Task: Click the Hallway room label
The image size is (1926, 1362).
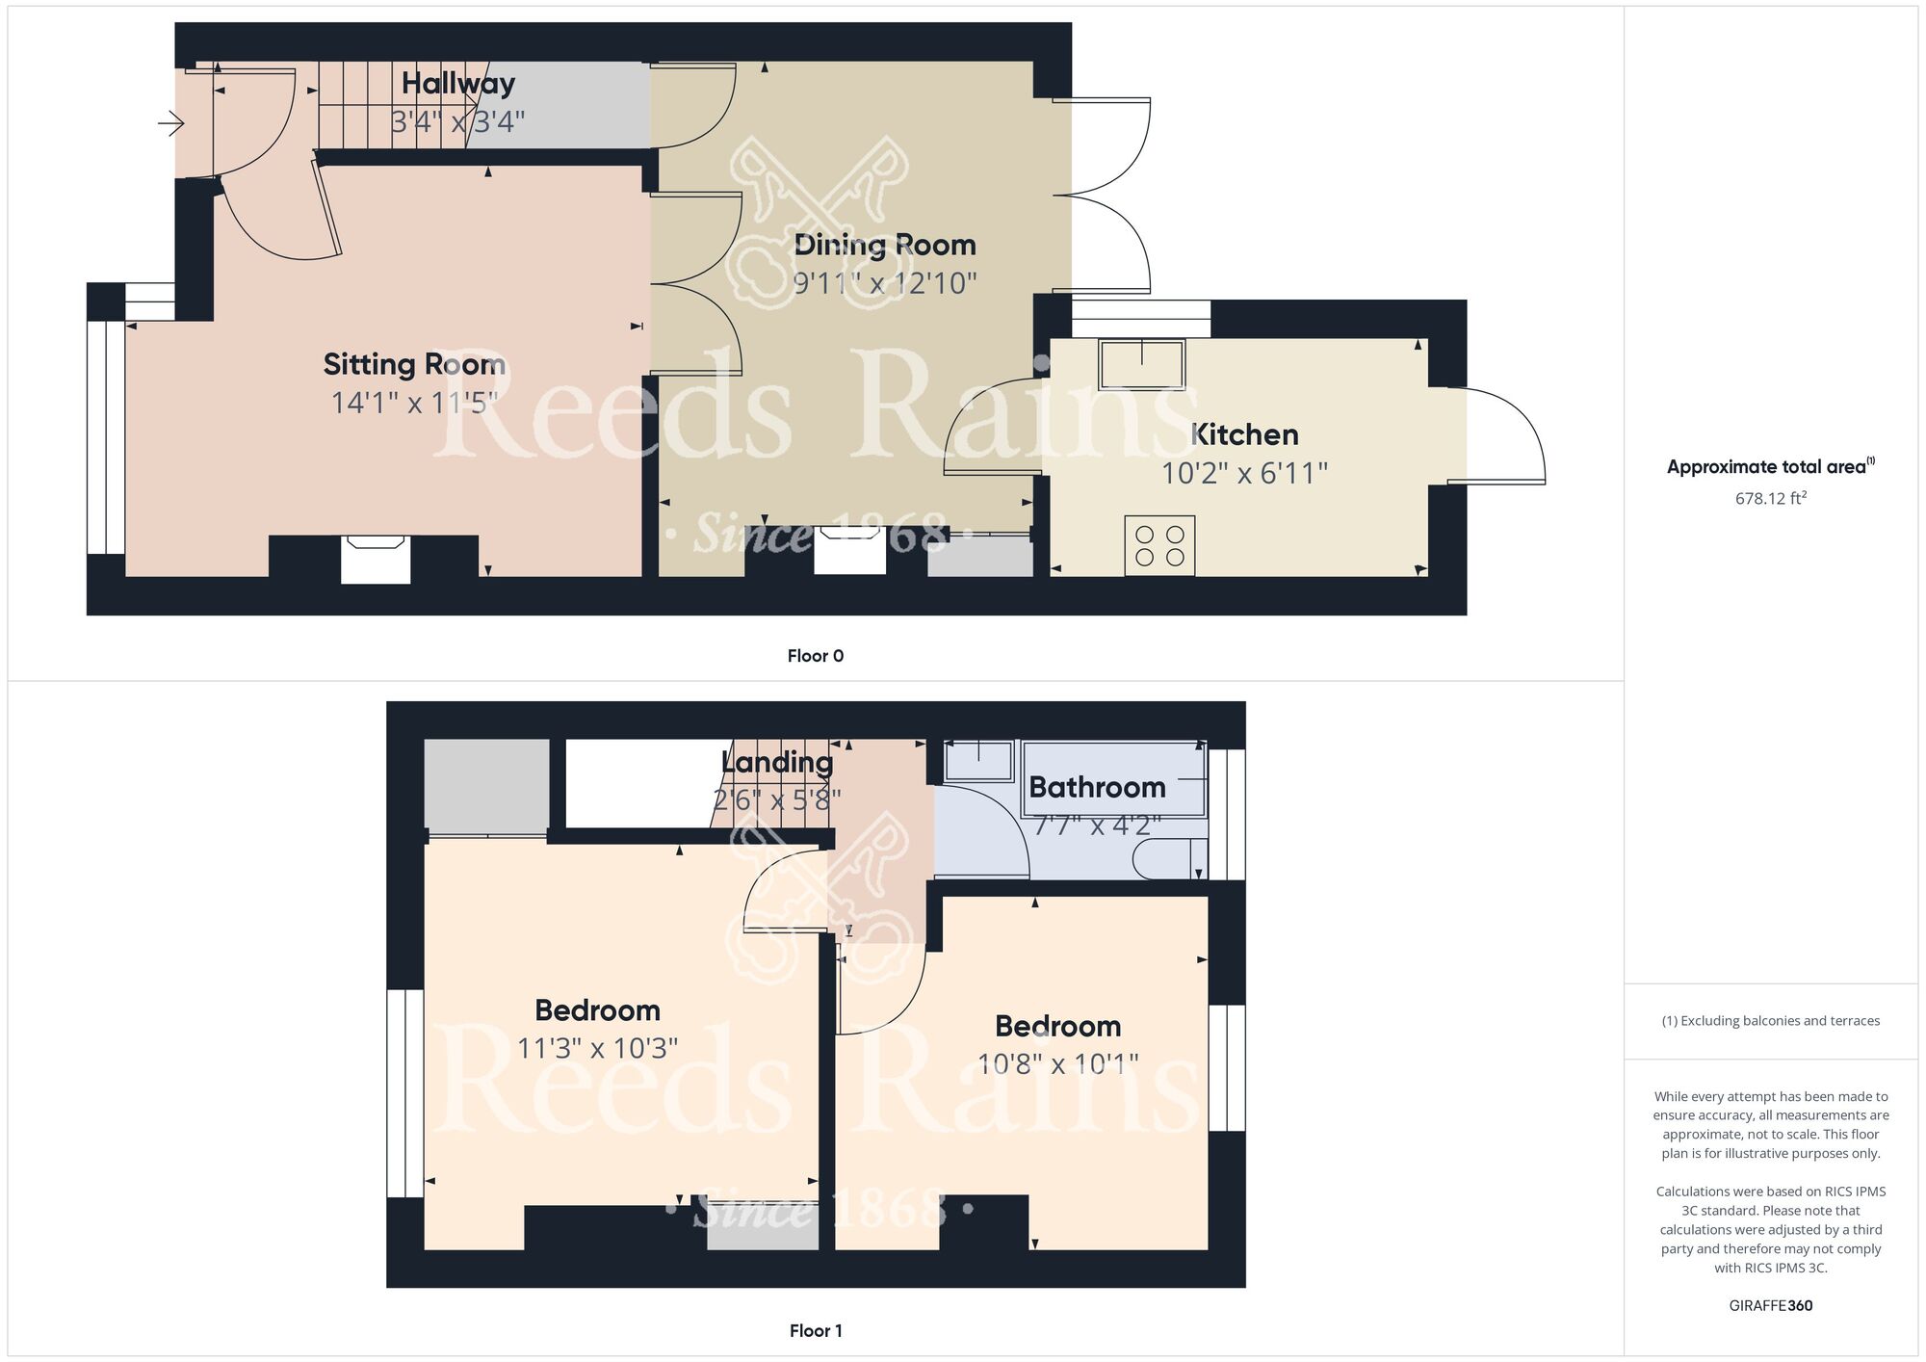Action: coord(457,84)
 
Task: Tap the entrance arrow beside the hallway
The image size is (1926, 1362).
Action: coord(171,123)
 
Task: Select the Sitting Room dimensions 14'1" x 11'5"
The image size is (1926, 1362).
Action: coord(414,403)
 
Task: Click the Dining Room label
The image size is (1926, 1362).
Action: coord(884,245)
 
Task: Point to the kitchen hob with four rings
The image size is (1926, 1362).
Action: coord(1159,545)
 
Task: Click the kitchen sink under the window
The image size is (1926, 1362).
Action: coord(1143,363)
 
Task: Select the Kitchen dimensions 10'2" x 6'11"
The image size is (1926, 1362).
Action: coord(1244,473)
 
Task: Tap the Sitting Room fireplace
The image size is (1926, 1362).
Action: coord(376,560)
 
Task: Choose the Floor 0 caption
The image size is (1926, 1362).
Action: coord(815,656)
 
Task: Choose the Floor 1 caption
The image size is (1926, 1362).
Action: coord(815,1331)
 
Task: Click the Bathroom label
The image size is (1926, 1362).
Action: coord(1096,787)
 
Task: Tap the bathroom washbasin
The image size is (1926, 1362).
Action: coord(978,761)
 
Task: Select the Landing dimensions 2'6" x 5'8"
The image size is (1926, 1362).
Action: coord(776,799)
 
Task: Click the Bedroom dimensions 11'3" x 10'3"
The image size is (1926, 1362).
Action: coord(597,1048)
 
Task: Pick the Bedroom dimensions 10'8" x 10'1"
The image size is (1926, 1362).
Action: coord(1057,1064)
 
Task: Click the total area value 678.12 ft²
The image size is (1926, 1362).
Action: coord(1770,498)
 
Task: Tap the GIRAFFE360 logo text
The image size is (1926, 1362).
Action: coord(1770,1306)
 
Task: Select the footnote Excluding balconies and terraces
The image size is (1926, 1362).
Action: coord(1770,1021)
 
